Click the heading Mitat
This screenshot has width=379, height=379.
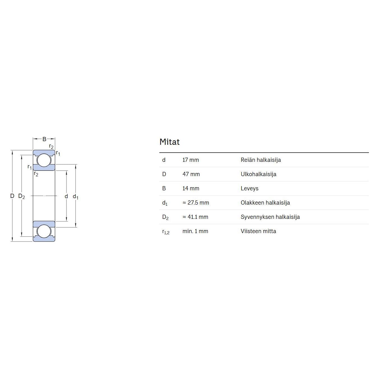point(169,142)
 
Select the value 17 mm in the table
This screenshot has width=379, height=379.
point(191,160)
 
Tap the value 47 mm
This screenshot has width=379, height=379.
point(191,174)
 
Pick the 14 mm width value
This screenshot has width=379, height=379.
point(191,188)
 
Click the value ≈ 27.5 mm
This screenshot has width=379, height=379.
point(196,203)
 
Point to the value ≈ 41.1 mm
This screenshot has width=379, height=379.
point(195,217)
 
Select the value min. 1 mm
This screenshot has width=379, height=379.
point(195,231)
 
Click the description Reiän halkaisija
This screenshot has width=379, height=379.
point(260,160)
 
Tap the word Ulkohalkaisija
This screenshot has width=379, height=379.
point(259,174)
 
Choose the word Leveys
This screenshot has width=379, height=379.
point(249,189)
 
